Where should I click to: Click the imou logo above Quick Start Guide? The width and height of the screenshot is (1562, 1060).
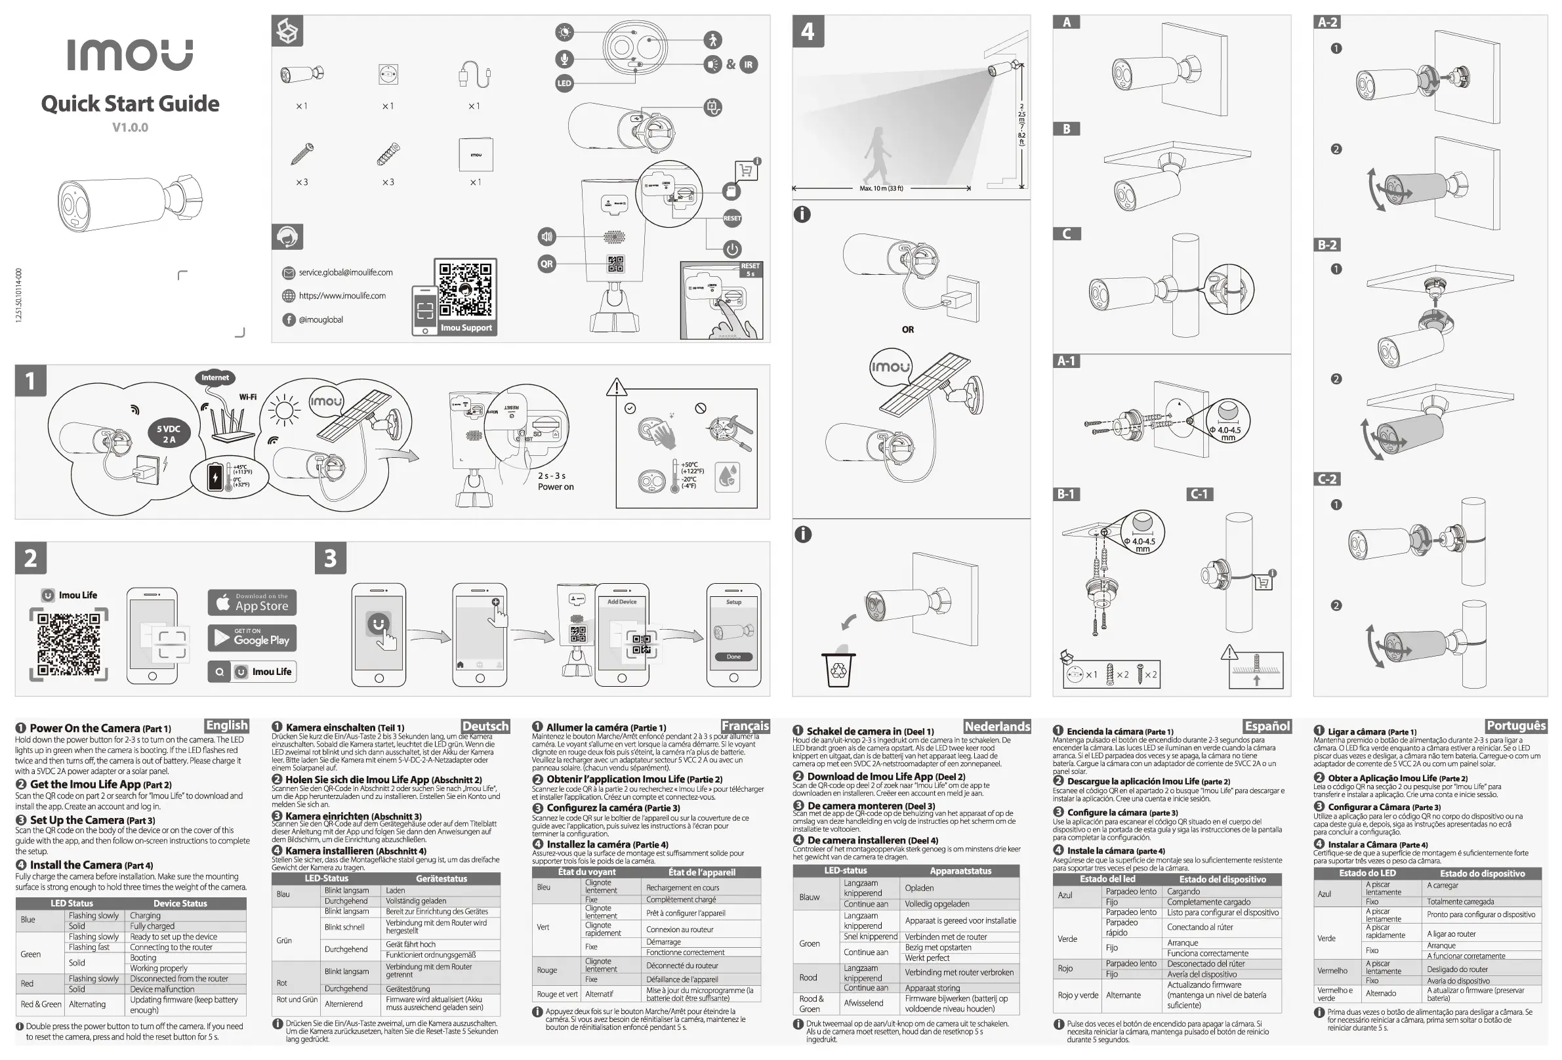click(130, 54)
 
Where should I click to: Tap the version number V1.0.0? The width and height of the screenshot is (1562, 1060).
click(130, 127)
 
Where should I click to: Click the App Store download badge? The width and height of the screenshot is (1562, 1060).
click(252, 602)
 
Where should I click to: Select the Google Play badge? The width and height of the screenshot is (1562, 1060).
click(252, 638)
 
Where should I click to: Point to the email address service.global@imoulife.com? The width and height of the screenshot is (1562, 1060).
click(346, 272)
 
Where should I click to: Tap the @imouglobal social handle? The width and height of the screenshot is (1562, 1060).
click(321, 319)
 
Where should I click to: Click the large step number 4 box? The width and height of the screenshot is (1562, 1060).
click(807, 31)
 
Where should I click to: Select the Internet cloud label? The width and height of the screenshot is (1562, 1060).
click(215, 378)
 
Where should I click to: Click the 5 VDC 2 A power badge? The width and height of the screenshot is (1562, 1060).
click(169, 434)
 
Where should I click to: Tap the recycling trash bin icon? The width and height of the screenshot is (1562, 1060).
click(838, 670)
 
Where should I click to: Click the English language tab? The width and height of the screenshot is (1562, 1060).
click(226, 725)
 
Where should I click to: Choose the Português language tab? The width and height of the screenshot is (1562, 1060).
click(1515, 725)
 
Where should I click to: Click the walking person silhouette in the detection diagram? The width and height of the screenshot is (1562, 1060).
click(877, 155)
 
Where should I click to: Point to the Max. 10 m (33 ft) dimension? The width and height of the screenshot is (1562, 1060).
click(881, 188)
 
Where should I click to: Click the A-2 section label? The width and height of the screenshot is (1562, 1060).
click(1326, 22)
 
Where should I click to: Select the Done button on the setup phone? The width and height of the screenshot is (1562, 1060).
click(733, 657)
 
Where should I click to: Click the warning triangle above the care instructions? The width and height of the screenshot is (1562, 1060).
click(616, 387)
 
